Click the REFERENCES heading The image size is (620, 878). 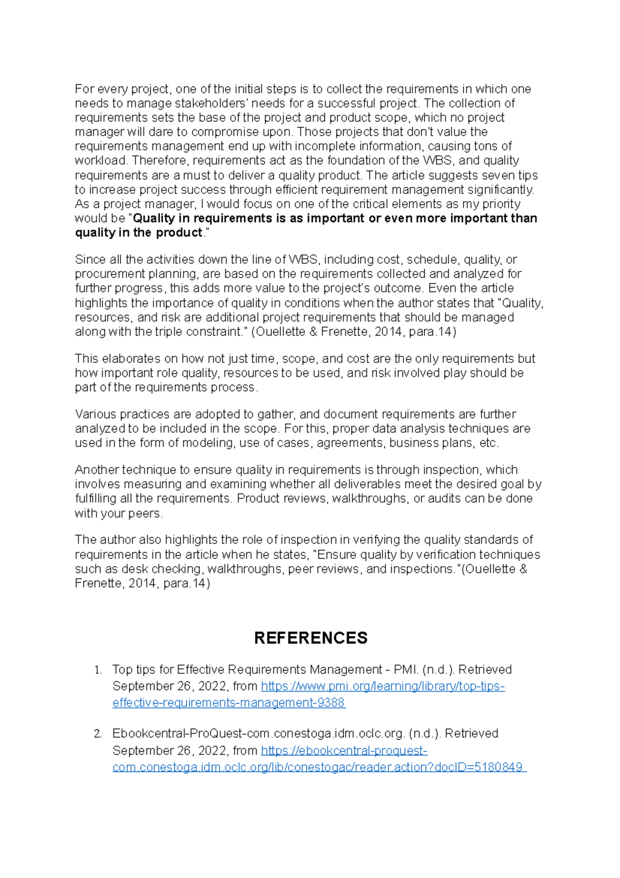click(x=311, y=638)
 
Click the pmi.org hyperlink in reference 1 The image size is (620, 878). click(x=382, y=686)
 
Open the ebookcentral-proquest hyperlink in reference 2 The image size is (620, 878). click(x=344, y=750)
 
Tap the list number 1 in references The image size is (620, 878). click(x=98, y=670)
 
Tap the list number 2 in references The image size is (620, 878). click(x=98, y=734)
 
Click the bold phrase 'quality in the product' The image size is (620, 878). click(x=138, y=233)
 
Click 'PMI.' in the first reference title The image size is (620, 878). click(x=406, y=670)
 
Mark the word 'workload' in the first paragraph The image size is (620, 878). click(x=100, y=160)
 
